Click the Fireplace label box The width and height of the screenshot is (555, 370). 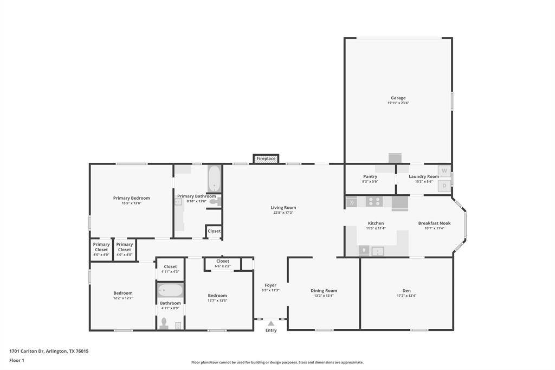tap(266, 158)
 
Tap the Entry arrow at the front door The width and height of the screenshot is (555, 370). tap(271, 323)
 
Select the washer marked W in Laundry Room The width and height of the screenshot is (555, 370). tap(444, 171)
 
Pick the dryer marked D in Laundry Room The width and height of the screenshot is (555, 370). tap(444, 186)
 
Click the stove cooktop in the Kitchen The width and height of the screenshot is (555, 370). tap(374, 202)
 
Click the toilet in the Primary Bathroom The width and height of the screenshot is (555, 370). tap(215, 202)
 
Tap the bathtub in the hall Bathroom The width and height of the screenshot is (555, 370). tap(170, 290)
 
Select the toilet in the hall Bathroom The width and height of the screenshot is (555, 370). tap(164, 323)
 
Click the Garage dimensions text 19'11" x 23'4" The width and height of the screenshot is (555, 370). tap(398, 103)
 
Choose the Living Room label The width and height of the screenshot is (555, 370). tap(283, 207)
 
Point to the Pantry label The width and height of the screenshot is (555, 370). tap(370, 176)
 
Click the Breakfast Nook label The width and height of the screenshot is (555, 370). tap(434, 223)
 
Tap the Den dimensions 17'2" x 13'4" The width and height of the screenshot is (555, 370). tap(406, 296)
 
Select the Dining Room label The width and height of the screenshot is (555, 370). tap(324, 290)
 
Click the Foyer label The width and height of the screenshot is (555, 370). tap(270, 285)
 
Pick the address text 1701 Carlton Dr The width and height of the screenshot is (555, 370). tap(49, 351)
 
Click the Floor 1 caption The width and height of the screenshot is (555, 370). tap(17, 360)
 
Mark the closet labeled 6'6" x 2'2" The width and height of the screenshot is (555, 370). tap(222, 266)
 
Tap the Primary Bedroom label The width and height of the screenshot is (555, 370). tap(131, 198)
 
